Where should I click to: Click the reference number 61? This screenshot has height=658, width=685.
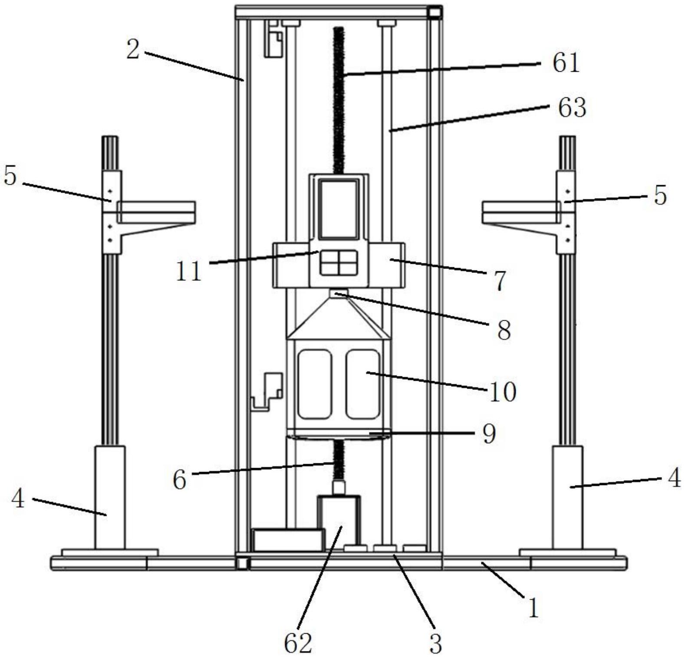point(566,63)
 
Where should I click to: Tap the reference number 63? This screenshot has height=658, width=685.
point(572,107)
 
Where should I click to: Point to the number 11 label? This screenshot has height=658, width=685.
point(189,272)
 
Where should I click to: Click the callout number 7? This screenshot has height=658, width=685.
point(501,280)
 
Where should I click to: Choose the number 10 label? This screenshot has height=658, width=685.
point(503,392)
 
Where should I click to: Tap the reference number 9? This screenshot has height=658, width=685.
point(489,433)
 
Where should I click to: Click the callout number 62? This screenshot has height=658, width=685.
point(298,643)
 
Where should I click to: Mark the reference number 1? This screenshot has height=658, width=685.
point(533,607)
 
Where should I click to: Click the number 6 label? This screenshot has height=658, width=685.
point(179,480)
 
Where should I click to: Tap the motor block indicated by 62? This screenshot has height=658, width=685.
point(339,522)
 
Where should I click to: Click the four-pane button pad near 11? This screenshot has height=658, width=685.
point(339,263)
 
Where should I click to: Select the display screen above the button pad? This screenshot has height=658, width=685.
point(339,209)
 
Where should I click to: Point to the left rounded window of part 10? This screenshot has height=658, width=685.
point(315,384)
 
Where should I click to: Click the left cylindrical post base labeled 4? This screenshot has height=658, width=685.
point(110,497)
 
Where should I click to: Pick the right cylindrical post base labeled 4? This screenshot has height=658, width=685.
point(567,497)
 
